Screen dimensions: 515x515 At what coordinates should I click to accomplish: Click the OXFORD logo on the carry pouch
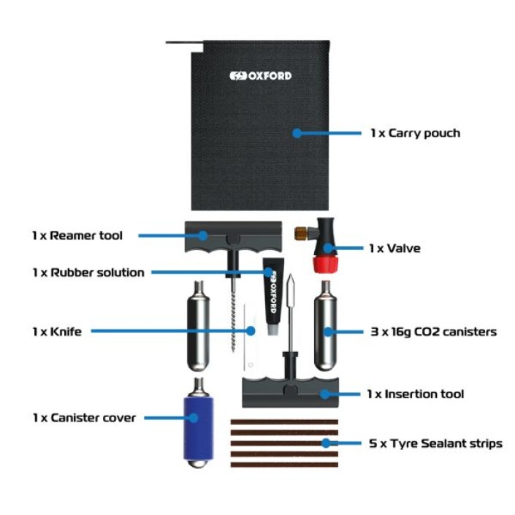(x=260, y=76)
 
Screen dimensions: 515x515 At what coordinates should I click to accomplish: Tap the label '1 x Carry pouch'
(x=415, y=133)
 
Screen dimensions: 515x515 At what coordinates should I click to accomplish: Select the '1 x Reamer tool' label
(x=77, y=235)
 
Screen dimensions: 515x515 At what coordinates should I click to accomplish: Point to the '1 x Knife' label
(x=56, y=331)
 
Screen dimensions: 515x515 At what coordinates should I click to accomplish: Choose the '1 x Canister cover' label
(x=83, y=418)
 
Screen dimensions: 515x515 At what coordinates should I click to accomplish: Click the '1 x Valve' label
(x=394, y=248)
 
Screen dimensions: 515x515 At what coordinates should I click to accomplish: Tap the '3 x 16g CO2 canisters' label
(x=433, y=332)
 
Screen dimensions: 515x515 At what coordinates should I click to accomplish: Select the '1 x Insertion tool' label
(x=415, y=394)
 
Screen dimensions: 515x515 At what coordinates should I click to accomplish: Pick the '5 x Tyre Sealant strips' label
(x=435, y=443)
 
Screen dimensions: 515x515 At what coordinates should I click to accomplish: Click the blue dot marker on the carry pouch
(x=297, y=133)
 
